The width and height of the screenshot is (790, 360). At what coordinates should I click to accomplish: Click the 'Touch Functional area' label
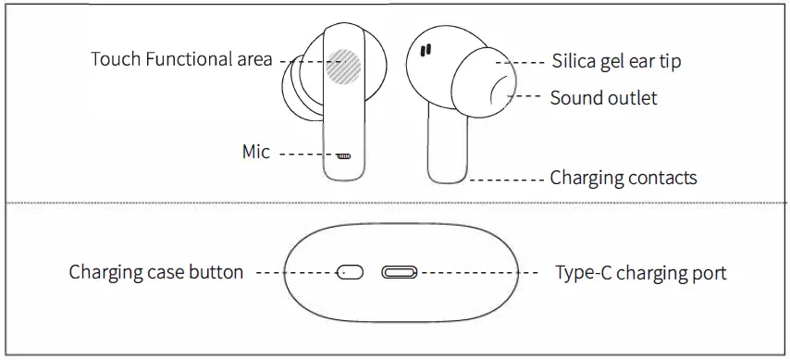point(181,60)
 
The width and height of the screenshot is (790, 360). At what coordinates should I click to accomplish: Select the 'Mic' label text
point(256,152)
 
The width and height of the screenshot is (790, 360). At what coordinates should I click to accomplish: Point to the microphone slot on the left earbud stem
point(344,155)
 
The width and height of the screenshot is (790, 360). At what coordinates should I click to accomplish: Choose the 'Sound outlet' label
point(603,97)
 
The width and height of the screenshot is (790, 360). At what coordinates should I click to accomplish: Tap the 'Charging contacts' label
point(623,177)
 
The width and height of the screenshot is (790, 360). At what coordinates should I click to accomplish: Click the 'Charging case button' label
point(156,272)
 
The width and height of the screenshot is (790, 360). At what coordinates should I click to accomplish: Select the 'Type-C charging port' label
point(640,273)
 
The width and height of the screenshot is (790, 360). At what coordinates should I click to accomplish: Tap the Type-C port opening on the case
point(399,273)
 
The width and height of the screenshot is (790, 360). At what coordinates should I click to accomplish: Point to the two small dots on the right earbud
point(427,53)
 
